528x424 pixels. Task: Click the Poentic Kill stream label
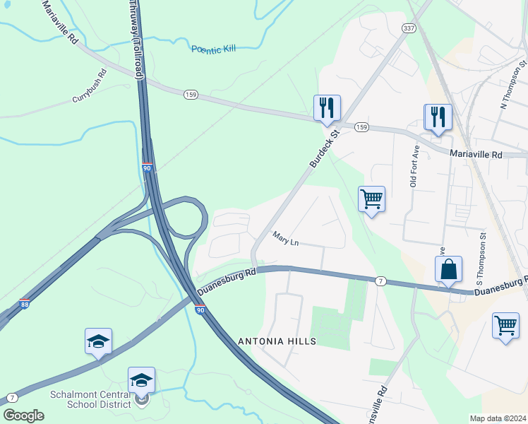[x=213, y=49]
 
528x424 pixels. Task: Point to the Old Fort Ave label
[x=414, y=165]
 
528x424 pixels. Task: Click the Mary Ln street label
[x=286, y=242]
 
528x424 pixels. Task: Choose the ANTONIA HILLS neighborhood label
[x=276, y=341]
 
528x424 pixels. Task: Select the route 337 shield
[x=409, y=28]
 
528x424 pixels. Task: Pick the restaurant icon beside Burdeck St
[x=327, y=108]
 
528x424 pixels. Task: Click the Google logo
[x=23, y=415]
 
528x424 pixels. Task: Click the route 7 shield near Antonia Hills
[x=380, y=281]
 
